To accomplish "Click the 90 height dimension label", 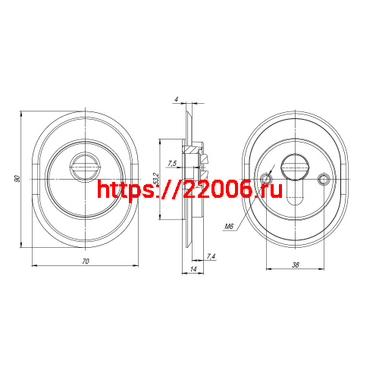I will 17,178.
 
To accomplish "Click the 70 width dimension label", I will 86,261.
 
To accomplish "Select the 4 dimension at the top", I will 175,99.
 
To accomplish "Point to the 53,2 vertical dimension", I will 155,180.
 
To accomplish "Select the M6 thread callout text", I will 228,226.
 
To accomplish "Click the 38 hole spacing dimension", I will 294,265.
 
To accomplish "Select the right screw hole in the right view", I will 324,179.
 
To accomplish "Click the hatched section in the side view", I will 204,159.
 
